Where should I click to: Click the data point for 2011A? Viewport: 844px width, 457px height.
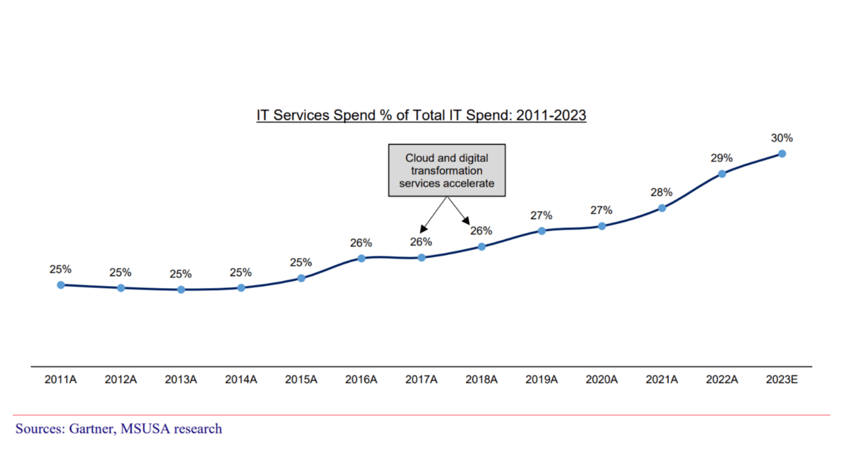pyautogui.click(x=61, y=285)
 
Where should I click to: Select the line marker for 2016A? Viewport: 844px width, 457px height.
pyautogui.click(x=361, y=258)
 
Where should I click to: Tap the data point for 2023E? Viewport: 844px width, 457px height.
pyautogui.click(x=782, y=153)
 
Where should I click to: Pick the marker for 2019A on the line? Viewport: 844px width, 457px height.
pyautogui.click(x=542, y=230)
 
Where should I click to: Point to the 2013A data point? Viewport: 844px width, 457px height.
pyautogui.click(x=181, y=289)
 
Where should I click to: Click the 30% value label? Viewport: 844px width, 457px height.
pyautogui.click(x=782, y=138)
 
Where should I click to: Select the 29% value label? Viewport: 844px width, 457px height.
pyautogui.click(x=722, y=158)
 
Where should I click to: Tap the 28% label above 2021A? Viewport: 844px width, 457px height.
pyautogui.click(x=661, y=192)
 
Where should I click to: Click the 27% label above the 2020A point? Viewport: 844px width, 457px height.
pyautogui.click(x=601, y=210)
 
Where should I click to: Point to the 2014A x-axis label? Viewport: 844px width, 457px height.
pyautogui.click(x=241, y=379)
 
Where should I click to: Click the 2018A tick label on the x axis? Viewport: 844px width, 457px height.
pyautogui.click(x=481, y=379)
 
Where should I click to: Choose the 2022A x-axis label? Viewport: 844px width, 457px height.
pyautogui.click(x=722, y=379)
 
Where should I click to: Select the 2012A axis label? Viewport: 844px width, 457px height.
pyautogui.click(x=121, y=379)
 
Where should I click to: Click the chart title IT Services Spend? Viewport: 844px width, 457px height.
pyautogui.click(x=421, y=116)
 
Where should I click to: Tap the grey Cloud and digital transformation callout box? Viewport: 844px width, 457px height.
pyautogui.click(x=447, y=170)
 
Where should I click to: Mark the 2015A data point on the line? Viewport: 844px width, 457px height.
pyautogui.click(x=301, y=278)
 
